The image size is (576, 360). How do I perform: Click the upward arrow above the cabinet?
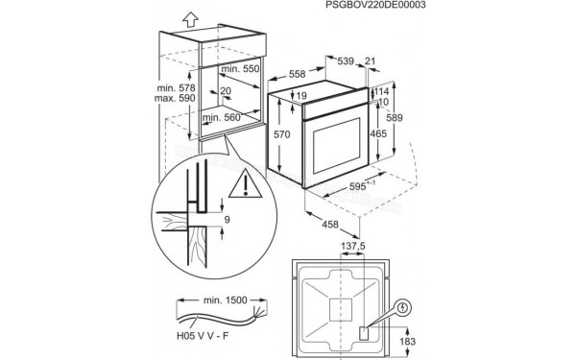188,17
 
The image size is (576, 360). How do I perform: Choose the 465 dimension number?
377,134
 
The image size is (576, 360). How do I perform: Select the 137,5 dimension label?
354,247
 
